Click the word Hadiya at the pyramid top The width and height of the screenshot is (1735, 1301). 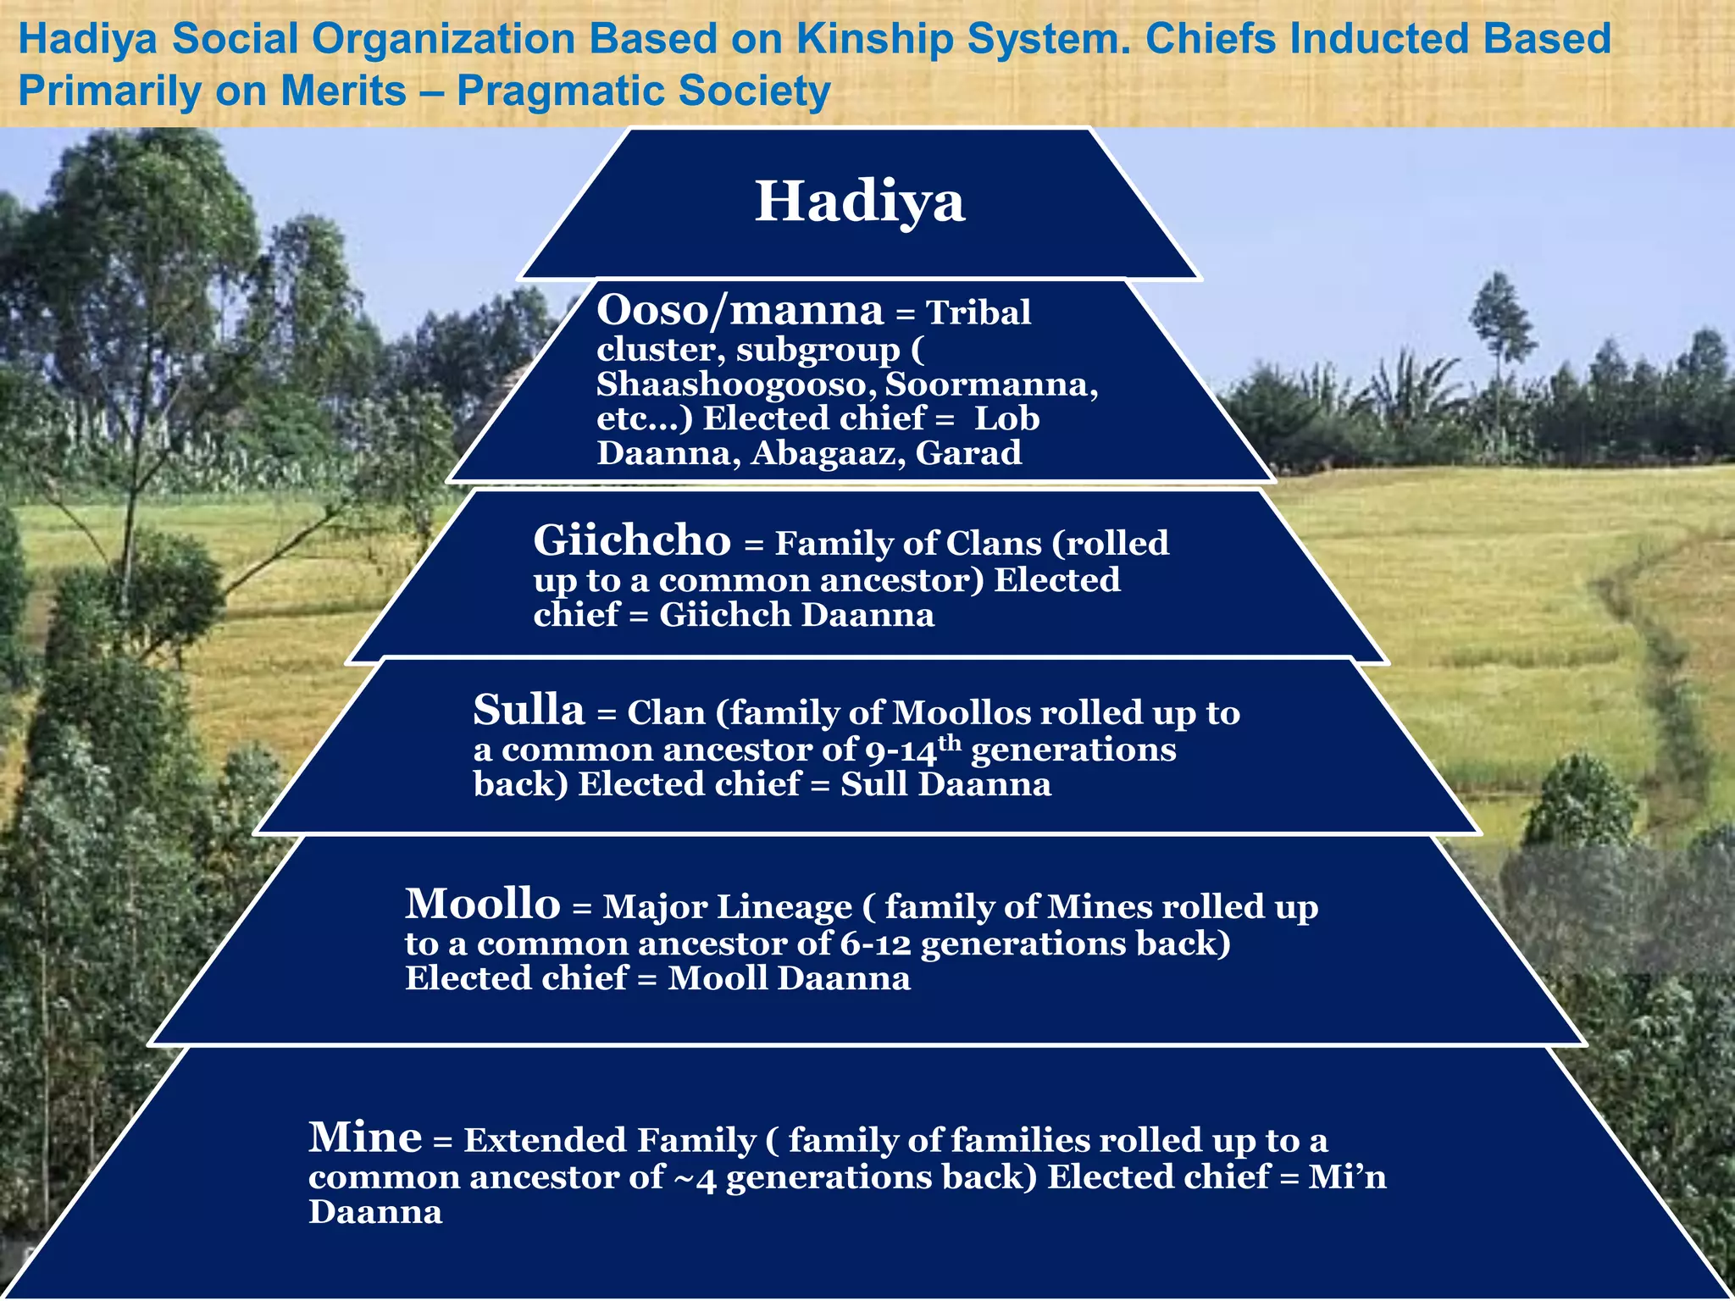(x=859, y=202)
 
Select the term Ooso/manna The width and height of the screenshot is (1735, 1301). (x=740, y=310)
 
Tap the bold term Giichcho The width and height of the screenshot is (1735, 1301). (x=631, y=540)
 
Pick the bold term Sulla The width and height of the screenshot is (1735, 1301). (x=529, y=710)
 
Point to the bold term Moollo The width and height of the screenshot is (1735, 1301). (x=482, y=904)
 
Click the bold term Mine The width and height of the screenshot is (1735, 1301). (x=364, y=1137)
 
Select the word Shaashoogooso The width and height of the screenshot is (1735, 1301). (x=735, y=385)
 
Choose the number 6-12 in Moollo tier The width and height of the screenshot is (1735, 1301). (x=875, y=944)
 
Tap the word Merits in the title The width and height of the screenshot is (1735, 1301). (x=343, y=91)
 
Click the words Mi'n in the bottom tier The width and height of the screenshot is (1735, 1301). (x=1347, y=1177)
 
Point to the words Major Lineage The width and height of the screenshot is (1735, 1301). (x=727, y=907)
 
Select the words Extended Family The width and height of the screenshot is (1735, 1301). (x=609, y=1140)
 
